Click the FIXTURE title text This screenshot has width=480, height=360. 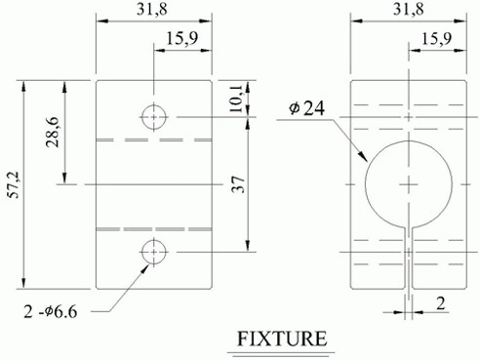[x=282, y=339]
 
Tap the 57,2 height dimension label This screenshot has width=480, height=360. [x=15, y=185]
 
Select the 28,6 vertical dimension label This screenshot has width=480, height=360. [x=53, y=132]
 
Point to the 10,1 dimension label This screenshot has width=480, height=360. [x=236, y=99]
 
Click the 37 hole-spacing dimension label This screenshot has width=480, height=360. [x=238, y=184]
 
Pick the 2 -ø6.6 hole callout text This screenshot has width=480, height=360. [x=51, y=312]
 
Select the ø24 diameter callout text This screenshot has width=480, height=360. [x=306, y=108]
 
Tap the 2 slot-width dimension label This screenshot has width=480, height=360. [x=441, y=303]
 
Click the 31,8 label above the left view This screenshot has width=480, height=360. [x=152, y=9]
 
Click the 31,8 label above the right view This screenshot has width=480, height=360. [x=409, y=9]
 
